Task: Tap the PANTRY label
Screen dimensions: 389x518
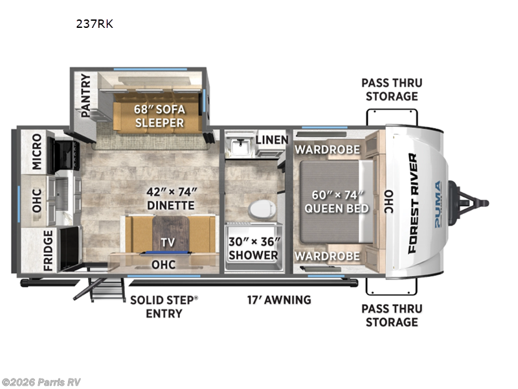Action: click(x=85, y=95)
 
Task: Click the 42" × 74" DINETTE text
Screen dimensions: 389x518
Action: click(x=170, y=198)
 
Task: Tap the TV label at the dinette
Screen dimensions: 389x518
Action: click(x=168, y=242)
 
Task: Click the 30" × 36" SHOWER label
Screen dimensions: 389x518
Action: click(x=253, y=248)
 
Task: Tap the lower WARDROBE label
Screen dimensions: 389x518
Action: click(x=327, y=256)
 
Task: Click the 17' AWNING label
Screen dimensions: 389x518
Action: click(x=278, y=300)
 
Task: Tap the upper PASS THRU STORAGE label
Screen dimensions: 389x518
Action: click(x=391, y=89)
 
